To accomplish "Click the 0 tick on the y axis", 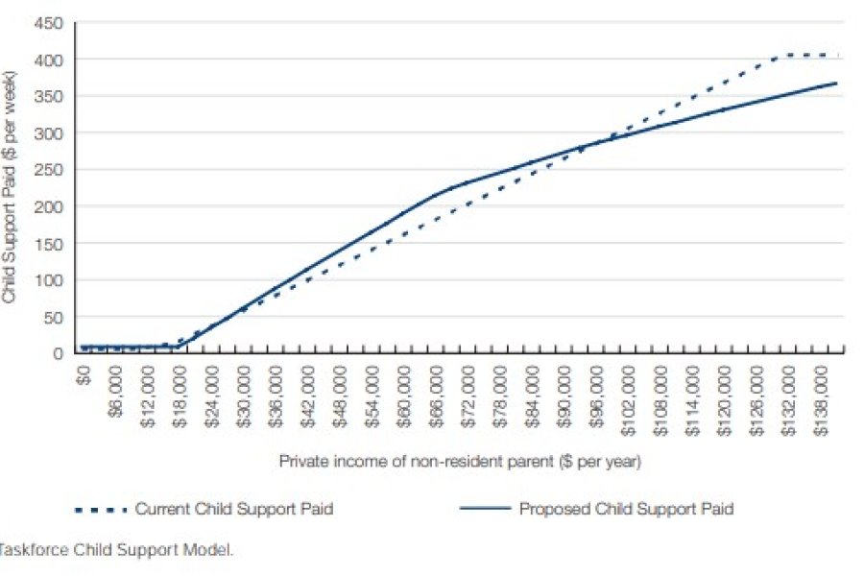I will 59,353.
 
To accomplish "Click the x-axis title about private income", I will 460,462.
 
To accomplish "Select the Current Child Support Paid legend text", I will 234,509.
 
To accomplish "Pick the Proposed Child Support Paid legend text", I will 626,509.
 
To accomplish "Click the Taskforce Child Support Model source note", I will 116,550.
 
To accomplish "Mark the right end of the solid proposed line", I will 837,84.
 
